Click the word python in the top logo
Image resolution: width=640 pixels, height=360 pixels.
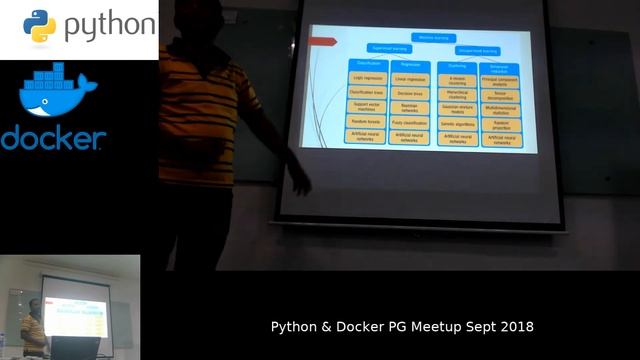click(110, 27)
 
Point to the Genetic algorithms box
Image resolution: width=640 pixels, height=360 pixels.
click(456, 122)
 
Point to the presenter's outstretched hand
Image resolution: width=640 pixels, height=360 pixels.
click(299, 183)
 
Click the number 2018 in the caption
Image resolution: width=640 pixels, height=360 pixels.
click(516, 327)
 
